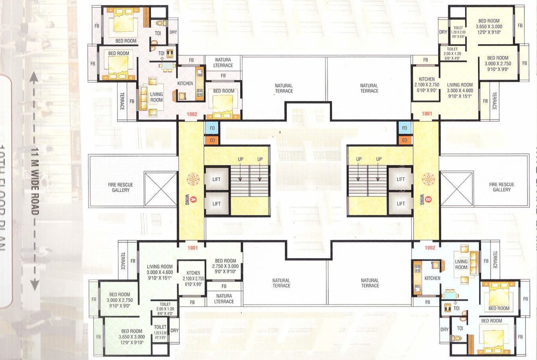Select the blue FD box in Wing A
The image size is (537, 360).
pyautogui.click(x=212, y=128)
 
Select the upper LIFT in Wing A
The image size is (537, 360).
pyautogui.click(x=217, y=180)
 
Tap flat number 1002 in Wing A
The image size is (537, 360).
pyautogui.click(x=192, y=113)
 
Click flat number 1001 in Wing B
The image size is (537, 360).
pyautogui.click(x=426, y=113)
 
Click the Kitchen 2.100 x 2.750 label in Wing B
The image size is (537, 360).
pyautogui.click(x=427, y=85)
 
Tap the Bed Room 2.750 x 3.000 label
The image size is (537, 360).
pyautogui.click(x=225, y=266)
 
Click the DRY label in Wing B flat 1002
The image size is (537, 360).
pyautogui.click(x=445, y=330)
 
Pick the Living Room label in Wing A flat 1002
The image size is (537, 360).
pyautogui.click(x=156, y=97)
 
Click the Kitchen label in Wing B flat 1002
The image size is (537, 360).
pyautogui.click(x=432, y=278)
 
